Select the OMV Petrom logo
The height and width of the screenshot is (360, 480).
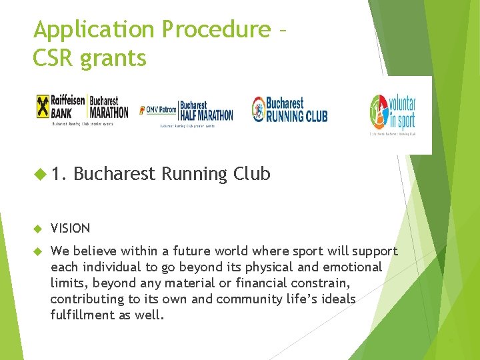pos(158,110)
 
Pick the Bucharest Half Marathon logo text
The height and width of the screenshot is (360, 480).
pos(206,111)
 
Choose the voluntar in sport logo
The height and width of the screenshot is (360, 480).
pos(393,113)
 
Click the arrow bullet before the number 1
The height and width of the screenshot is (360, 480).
pos(41,175)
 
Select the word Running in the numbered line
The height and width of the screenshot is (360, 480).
pos(197,175)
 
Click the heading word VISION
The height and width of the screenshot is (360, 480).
pos(70,229)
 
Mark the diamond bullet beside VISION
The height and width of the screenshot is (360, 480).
pos(39,229)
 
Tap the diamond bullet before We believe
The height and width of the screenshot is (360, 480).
pos(39,251)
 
